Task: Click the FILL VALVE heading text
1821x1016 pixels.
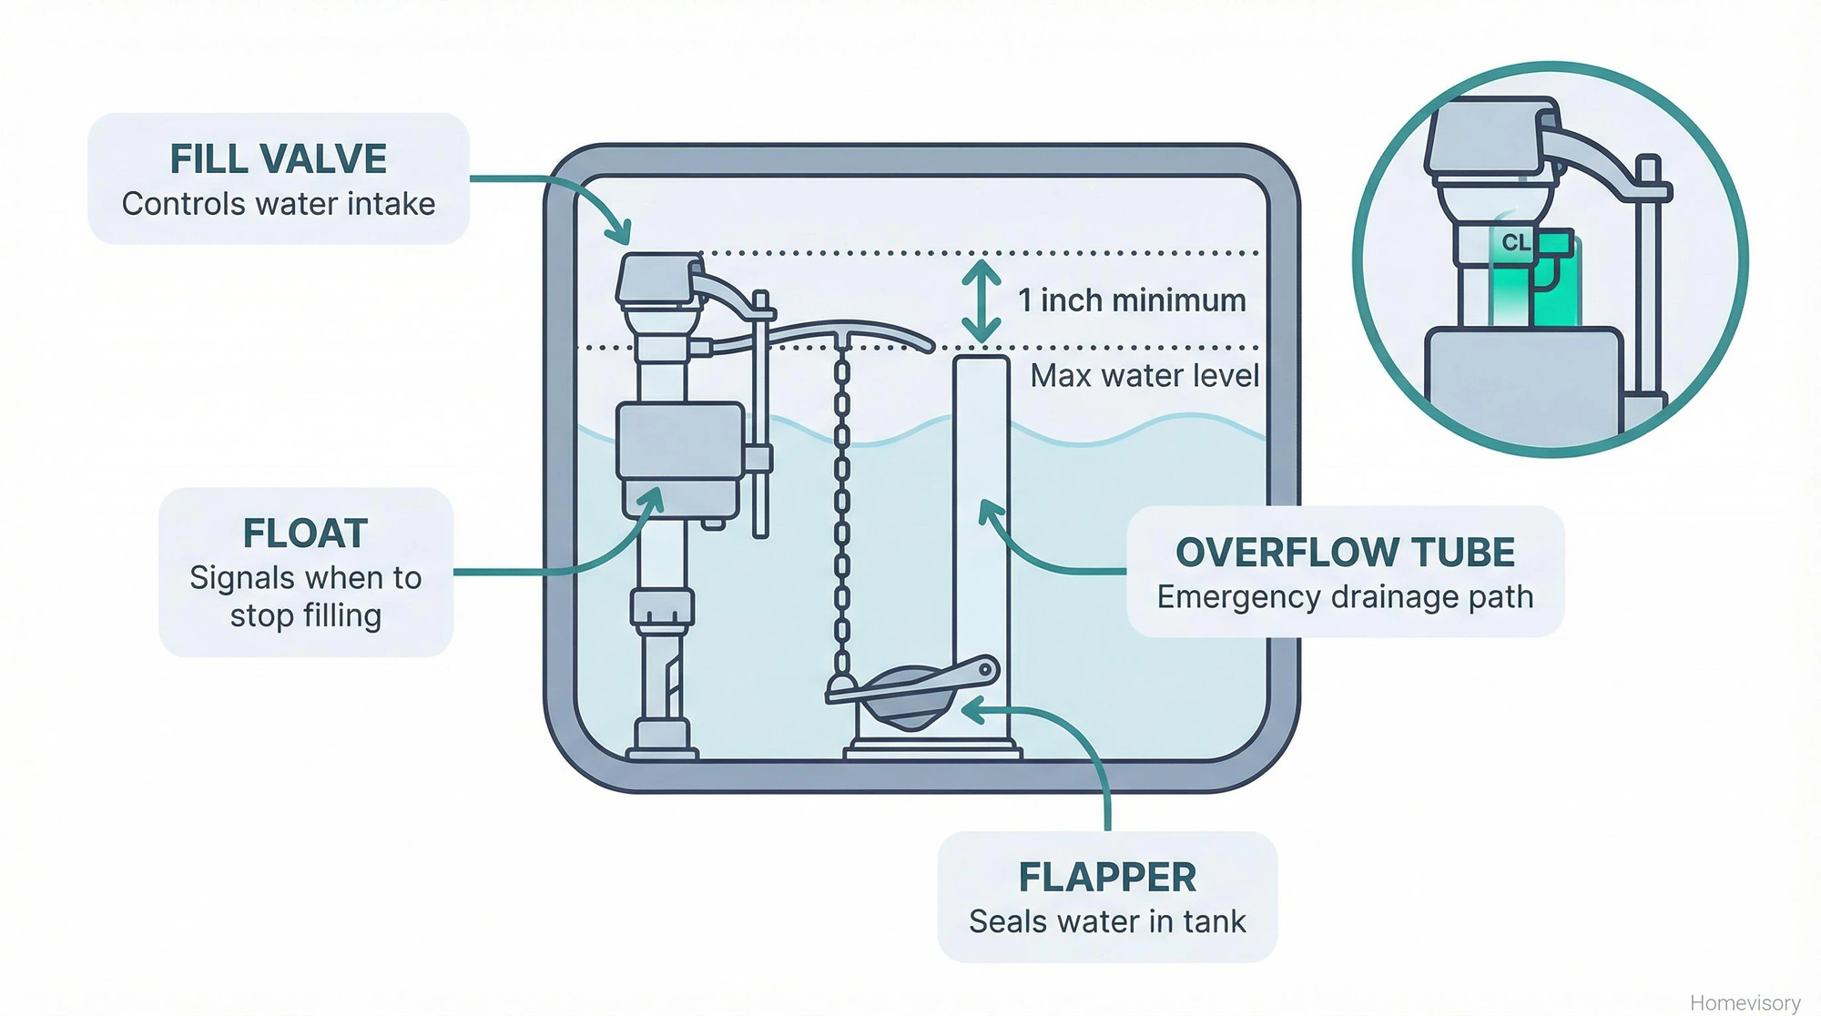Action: tap(278, 159)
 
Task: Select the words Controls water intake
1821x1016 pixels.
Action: tap(278, 204)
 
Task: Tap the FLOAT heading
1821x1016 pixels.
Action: tap(305, 533)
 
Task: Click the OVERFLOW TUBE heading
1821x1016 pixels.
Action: tap(1345, 553)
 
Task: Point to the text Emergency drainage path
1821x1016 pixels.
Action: tap(1345, 597)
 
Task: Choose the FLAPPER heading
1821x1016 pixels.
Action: tap(1107, 878)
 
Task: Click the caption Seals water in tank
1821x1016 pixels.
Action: tap(1107, 922)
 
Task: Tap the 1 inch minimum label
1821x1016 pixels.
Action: tap(1132, 300)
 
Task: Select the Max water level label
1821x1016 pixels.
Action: tap(1144, 376)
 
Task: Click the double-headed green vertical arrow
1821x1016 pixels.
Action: tap(982, 301)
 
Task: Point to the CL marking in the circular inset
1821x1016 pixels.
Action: tap(1515, 243)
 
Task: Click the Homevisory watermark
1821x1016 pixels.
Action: tap(1745, 1002)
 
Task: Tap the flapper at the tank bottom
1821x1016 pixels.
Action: tap(910, 696)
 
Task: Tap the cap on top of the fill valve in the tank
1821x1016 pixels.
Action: tap(657, 279)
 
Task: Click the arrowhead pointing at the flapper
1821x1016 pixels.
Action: tap(972, 709)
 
